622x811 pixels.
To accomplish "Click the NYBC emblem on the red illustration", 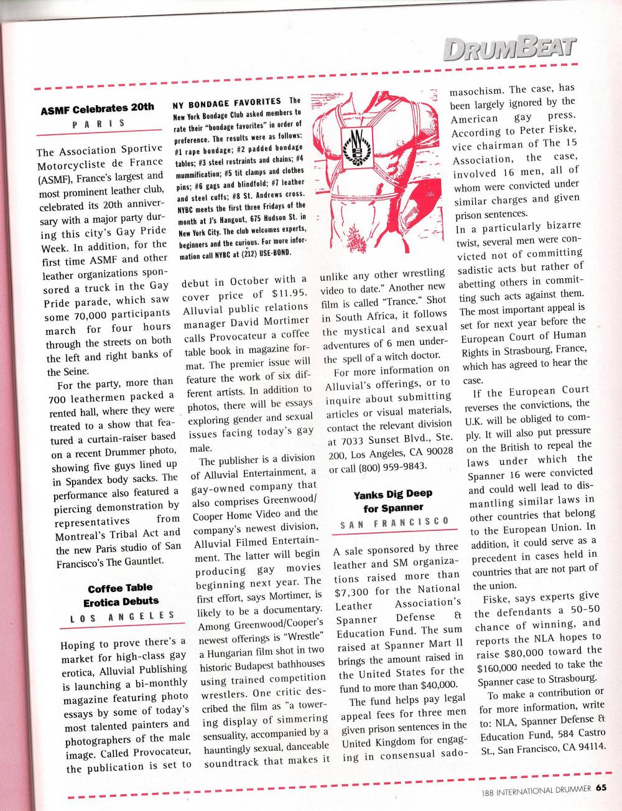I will pos(357,149).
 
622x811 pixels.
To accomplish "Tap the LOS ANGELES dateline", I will pos(123,617).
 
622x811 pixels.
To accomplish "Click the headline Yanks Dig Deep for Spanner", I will pos(392,500).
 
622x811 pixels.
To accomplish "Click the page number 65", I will pos(600,787).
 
